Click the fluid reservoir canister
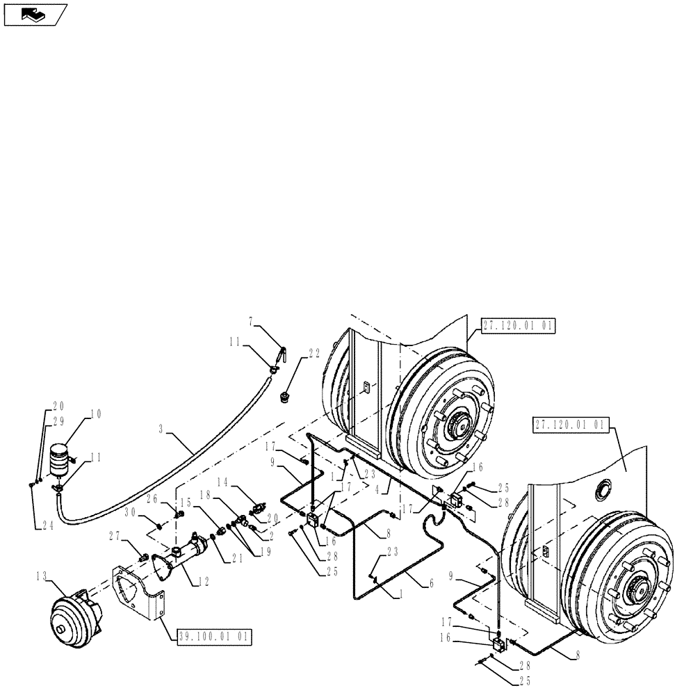(60, 459)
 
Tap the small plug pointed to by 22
(284, 398)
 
